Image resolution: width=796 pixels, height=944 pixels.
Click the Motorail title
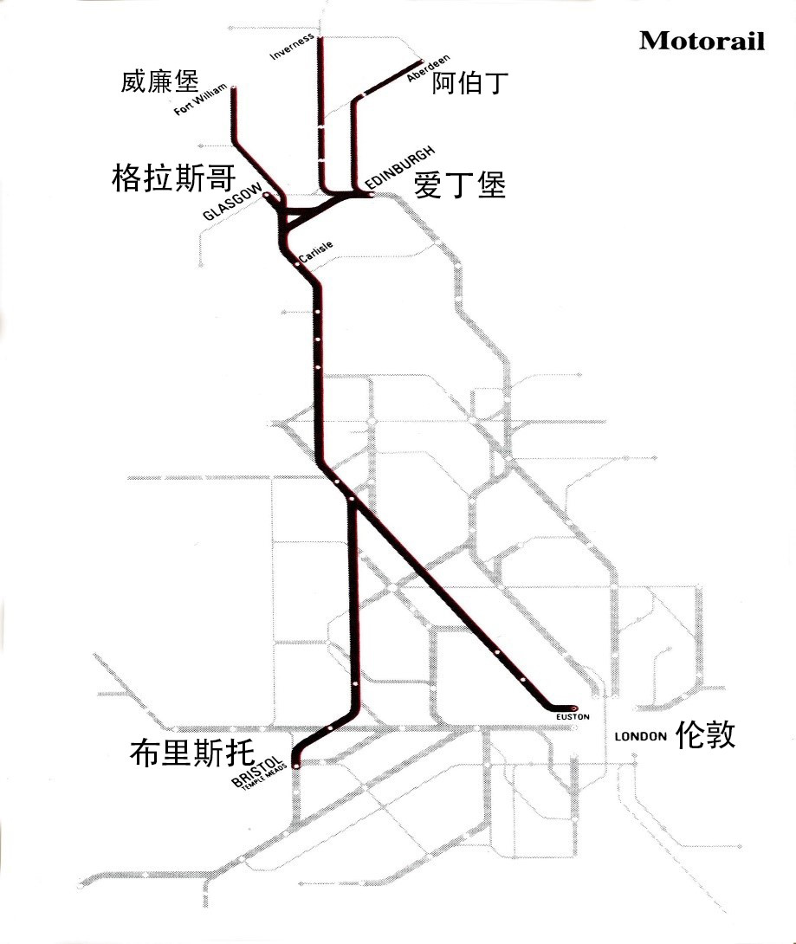pos(702,41)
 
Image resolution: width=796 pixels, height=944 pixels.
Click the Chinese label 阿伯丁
pos(469,83)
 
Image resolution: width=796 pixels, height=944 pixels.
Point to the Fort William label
pos(200,100)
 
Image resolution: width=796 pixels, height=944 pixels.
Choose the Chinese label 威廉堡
pos(160,82)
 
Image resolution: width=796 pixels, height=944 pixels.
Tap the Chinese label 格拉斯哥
pos(173,179)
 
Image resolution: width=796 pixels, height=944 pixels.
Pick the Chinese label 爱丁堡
pos(459,185)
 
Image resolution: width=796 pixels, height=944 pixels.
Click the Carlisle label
pos(315,249)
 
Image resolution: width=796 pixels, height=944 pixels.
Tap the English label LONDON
pos(640,737)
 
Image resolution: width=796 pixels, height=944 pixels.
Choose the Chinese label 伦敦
pos(706,734)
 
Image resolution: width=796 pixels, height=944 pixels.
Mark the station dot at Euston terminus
pos(573,707)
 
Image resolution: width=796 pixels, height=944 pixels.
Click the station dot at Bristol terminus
pos(295,766)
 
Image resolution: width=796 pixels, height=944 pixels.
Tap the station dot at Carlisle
pos(298,265)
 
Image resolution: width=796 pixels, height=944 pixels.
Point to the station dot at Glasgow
pos(266,197)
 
